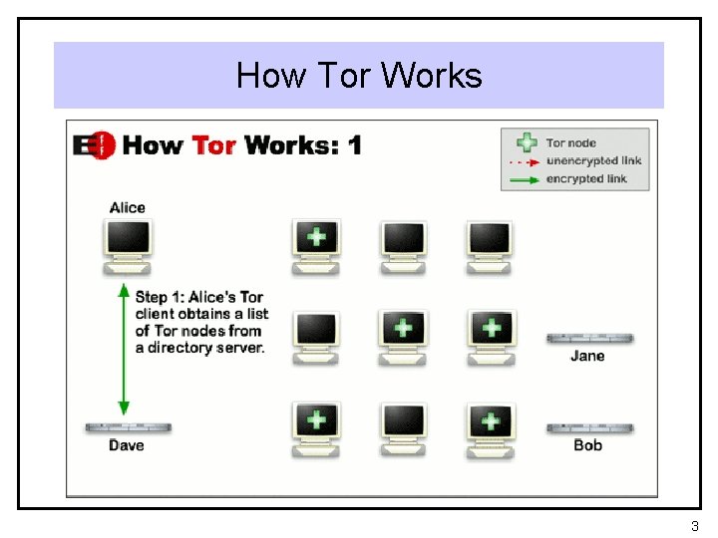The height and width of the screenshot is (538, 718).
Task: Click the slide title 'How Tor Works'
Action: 359,76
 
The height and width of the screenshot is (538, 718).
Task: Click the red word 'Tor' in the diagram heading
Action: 213,145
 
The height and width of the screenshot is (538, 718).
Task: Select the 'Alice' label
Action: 128,207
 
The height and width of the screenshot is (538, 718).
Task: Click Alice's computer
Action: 128,245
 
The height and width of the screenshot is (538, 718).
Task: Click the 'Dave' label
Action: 127,445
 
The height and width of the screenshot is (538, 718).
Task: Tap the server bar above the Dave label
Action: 128,427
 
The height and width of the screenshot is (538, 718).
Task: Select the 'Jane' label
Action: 587,356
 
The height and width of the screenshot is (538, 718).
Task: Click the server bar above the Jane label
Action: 588,339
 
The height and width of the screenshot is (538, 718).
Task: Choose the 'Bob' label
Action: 588,445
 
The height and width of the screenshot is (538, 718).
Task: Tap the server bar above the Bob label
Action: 588,428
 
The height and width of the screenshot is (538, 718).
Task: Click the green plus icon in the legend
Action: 527,143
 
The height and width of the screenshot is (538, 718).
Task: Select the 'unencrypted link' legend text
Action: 593,161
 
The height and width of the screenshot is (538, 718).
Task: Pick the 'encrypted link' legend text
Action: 586,179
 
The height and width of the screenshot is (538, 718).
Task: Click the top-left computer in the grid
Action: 316,245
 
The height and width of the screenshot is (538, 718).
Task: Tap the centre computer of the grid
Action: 403,336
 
